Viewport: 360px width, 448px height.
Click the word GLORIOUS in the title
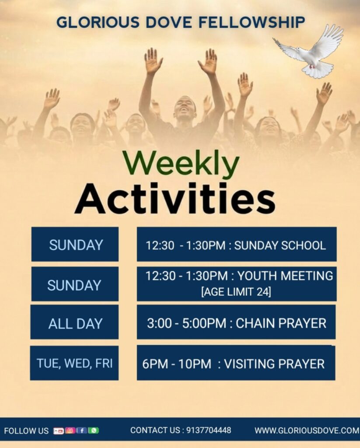[x=98, y=22]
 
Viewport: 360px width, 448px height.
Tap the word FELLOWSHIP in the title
[x=252, y=22]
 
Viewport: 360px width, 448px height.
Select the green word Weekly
[x=181, y=164]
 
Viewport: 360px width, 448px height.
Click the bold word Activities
[x=175, y=198]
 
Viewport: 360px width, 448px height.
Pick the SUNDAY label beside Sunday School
[x=76, y=245]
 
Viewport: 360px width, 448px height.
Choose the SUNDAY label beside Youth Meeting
[x=74, y=285]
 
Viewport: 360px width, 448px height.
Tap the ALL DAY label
[x=75, y=324]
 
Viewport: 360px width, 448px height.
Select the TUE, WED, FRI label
[x=74, y=364]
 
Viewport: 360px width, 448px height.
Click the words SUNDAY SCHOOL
[x=280, y=245]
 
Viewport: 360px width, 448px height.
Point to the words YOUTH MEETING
[x=285, y=276]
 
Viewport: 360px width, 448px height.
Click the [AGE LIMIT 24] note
[x=236, y=292]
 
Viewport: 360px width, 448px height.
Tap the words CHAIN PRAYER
[x=281, y=323]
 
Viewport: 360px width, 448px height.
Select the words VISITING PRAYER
[x=274, y=364]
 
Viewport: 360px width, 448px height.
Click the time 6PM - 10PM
[x=177, y=364]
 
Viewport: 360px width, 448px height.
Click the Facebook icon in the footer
[x=81, y=430]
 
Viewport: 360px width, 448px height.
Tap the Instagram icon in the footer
[x=70, y=430]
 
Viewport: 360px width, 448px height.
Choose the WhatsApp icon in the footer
[x=93, y=430]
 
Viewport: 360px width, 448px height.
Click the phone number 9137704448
[x=209, y=430]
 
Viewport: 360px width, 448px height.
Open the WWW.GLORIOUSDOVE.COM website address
[x=307, y=430]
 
